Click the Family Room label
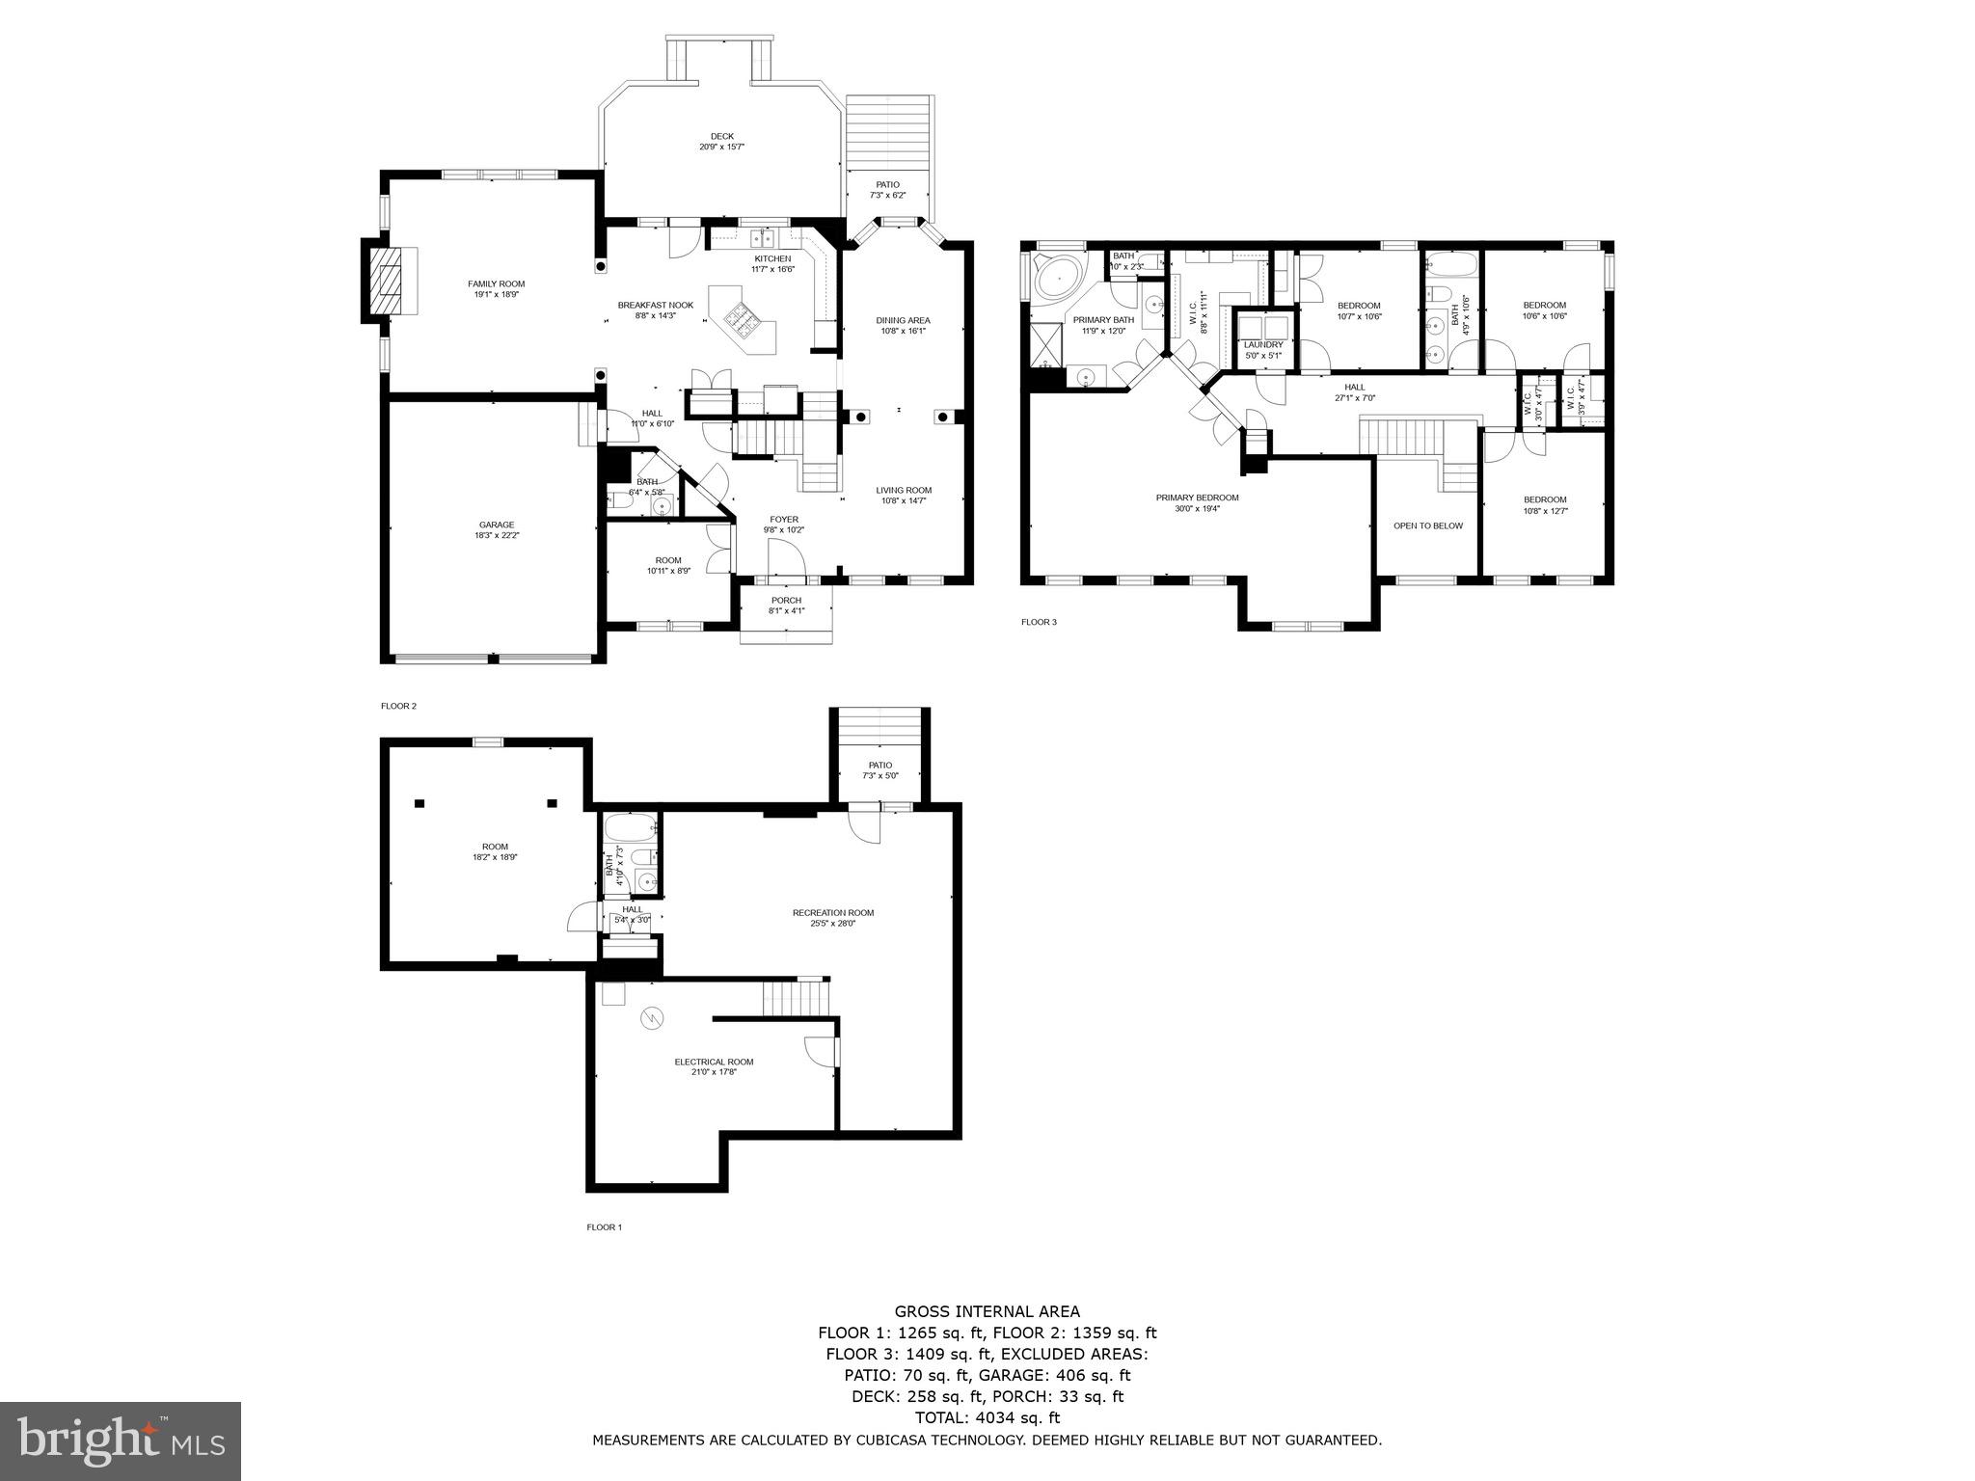(496, 283)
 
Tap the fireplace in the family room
(390, 281)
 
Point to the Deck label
(721, 136)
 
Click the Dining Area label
(903, 320)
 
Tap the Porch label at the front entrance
(785, 601)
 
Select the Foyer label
(783, 520)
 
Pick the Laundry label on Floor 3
(1262, 345)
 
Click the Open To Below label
(1427, 526)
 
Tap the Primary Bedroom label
(1197, 498)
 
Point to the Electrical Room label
(714, 1062)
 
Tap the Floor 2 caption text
(398, 706)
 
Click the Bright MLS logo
(121, 1441)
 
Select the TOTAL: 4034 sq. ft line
(987, 1417)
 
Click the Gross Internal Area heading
(987, 1311)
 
